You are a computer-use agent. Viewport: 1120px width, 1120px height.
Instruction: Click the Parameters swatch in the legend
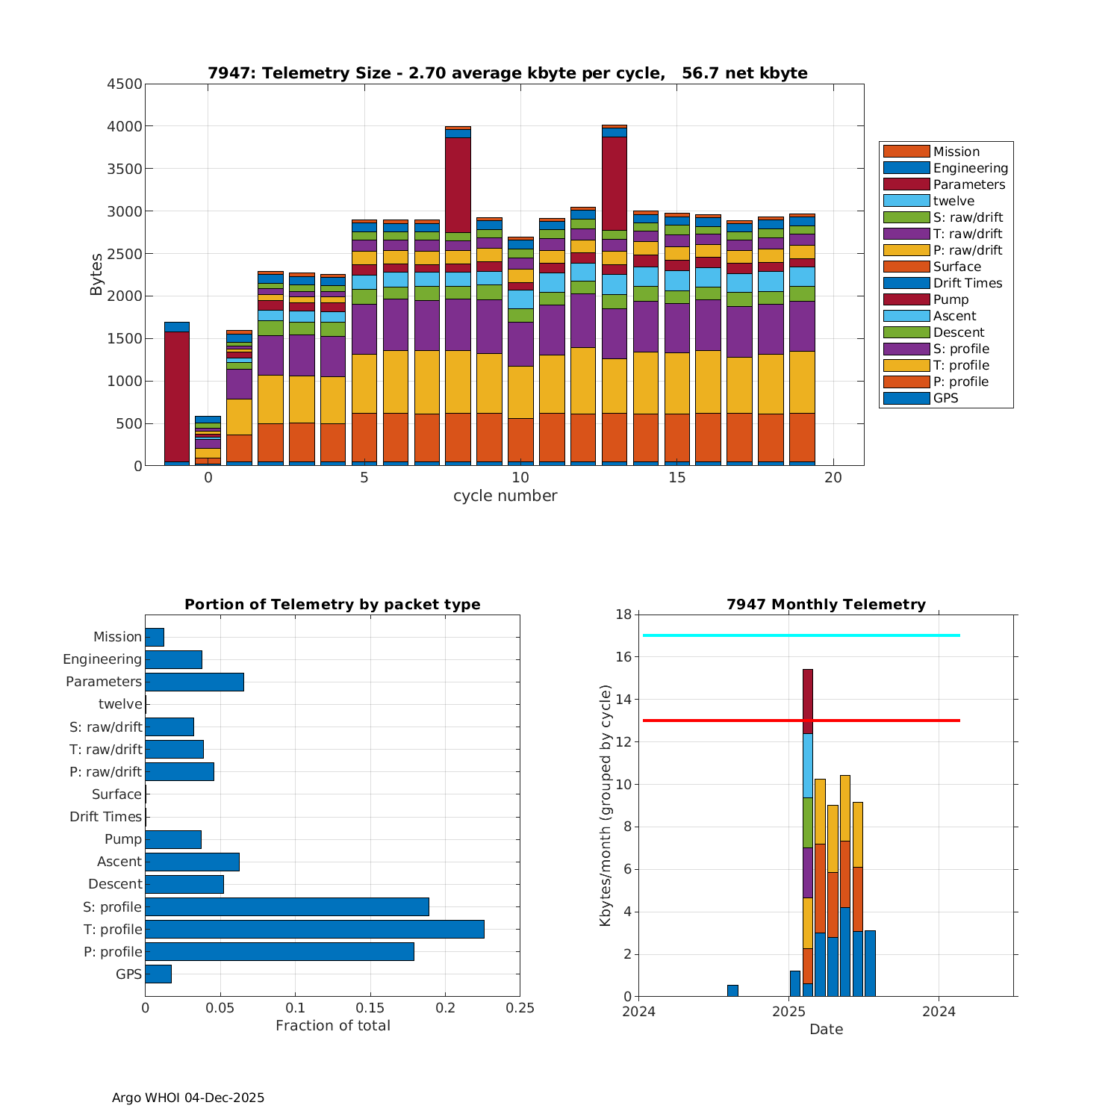click(x=906, y=184)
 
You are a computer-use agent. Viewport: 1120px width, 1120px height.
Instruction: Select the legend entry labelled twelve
click(x=953, y=201)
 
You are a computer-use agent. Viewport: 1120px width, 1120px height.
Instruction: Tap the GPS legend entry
click(x=945, y=398)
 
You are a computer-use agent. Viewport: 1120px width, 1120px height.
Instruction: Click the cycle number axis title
click(x=505, y=496)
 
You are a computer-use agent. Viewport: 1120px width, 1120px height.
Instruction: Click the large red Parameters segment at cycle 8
click(x=458, y=184)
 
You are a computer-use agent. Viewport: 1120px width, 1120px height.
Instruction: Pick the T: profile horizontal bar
click(x=314, y=929)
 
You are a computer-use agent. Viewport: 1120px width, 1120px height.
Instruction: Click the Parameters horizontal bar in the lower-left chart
click(x=194, y=682)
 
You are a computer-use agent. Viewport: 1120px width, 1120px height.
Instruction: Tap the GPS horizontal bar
click(x=158, y=974)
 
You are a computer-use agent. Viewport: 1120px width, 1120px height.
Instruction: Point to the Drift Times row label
click(x=105, y=817)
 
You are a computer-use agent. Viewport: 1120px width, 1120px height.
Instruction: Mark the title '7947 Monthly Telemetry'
click(x=826, y=604)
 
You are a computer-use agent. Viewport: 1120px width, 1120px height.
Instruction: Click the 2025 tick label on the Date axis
click(x=788, y=1012)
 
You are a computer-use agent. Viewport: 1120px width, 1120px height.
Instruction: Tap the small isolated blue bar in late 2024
click(x=732, y=991)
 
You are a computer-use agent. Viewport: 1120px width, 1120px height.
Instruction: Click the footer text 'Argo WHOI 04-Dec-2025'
click(x=188, y=1098)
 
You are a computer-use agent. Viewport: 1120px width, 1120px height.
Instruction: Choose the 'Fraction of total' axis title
click(x=333, y=1026)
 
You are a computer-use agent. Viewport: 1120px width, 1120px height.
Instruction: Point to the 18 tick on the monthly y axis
click(x=623, y=615)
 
